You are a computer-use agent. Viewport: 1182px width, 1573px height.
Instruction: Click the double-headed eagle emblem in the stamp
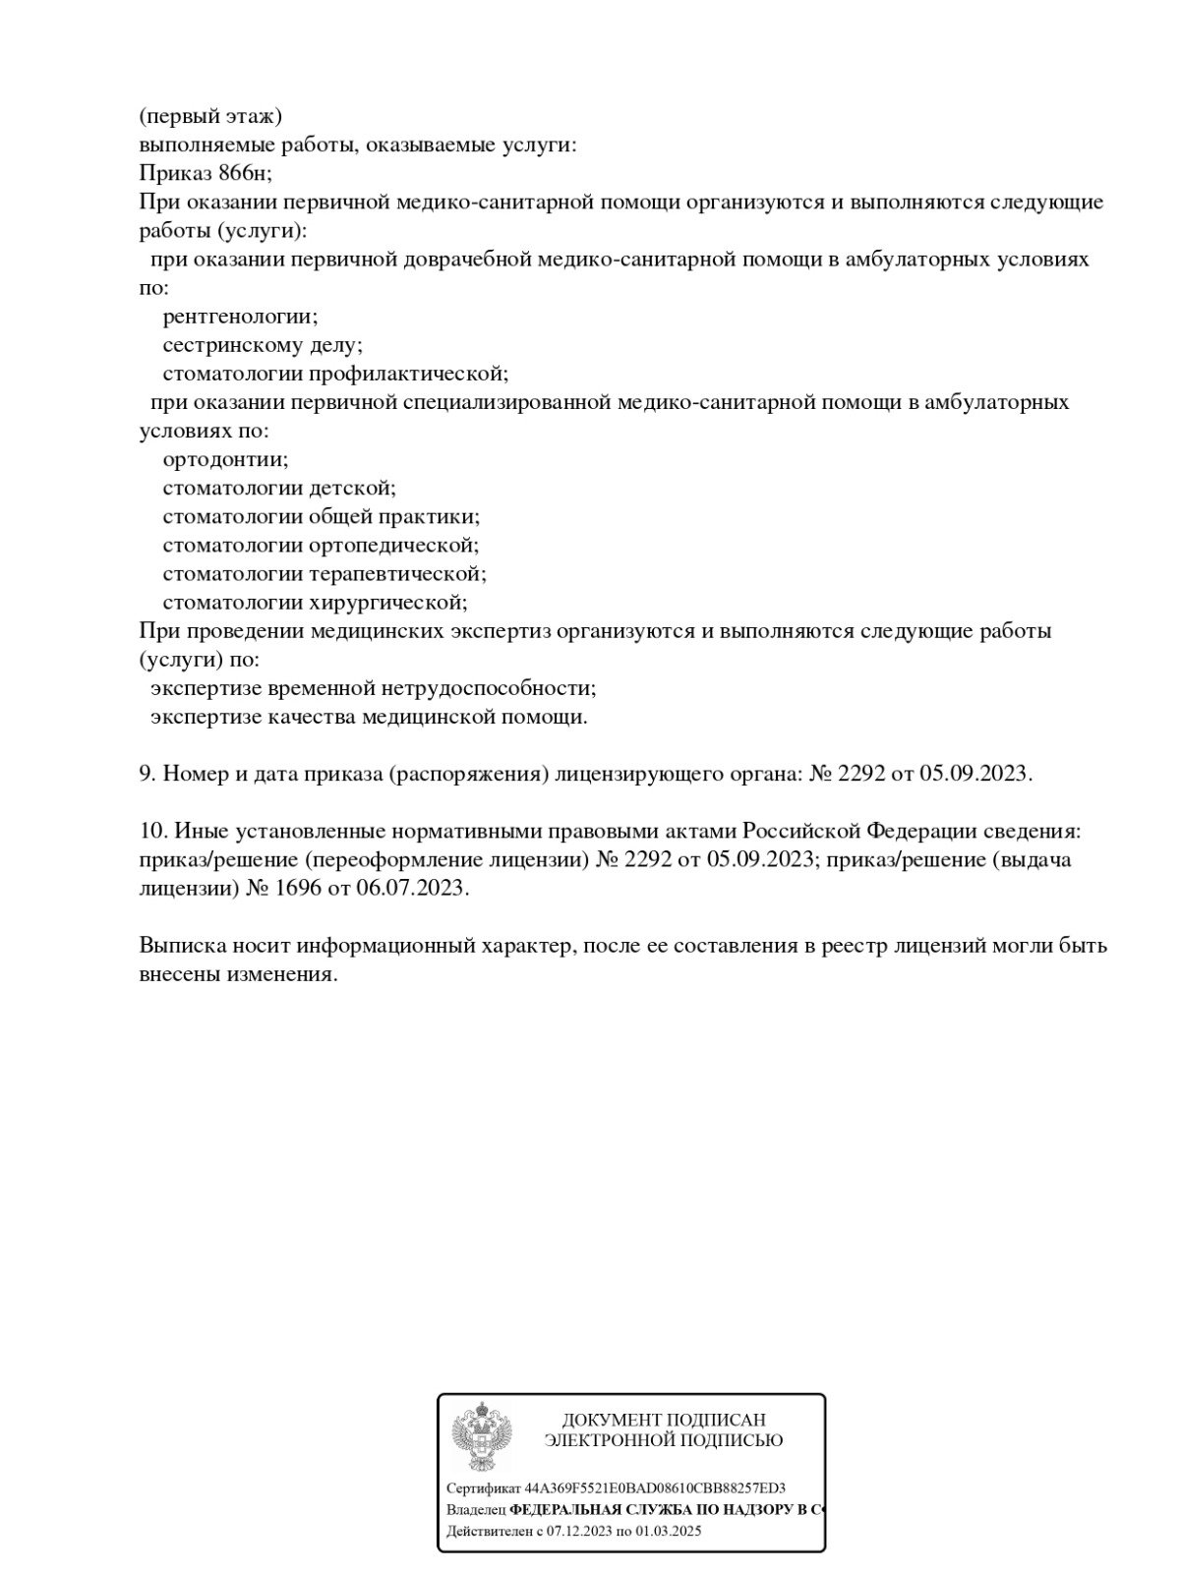point(481,1435)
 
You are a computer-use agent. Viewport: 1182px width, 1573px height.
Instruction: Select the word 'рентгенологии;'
point(240,317)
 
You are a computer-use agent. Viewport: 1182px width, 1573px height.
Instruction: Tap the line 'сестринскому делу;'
point(263,345)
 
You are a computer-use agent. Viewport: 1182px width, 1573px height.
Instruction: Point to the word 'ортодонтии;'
point(225,459)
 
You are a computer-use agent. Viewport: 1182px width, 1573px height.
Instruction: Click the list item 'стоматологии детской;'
point(278,488)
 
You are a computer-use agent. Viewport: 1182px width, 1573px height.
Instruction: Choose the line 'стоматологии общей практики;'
point(321,516)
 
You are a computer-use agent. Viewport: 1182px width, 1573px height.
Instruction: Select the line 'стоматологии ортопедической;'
point(321,545)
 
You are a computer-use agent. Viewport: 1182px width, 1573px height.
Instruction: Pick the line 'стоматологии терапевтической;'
point(325,573)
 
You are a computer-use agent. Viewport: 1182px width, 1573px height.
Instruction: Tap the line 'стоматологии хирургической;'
point(315,602)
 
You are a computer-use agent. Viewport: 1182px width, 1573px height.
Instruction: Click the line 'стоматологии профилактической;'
point(335,374)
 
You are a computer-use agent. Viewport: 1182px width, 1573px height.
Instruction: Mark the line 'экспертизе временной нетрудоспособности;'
point(373,687)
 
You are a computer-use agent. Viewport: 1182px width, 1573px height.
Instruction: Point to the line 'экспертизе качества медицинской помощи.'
point(369,716)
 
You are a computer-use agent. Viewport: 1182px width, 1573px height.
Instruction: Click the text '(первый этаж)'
point(210,117)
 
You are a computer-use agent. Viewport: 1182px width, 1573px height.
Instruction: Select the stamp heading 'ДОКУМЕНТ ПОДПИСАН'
point(664,1420)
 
